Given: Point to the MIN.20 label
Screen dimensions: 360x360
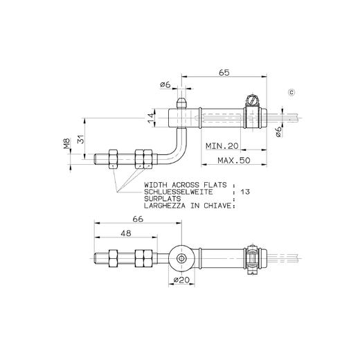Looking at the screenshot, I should tap(223, 146).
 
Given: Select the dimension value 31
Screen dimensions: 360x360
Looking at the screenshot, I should tap(80, 140).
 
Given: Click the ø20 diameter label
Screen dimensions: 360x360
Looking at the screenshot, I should tap(182, 280).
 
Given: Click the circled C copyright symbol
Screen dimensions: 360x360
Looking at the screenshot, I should tap(291, 91).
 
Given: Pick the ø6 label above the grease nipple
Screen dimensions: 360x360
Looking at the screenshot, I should tap(165, 84).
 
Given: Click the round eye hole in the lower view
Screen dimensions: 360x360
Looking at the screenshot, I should tap(181, 258).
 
